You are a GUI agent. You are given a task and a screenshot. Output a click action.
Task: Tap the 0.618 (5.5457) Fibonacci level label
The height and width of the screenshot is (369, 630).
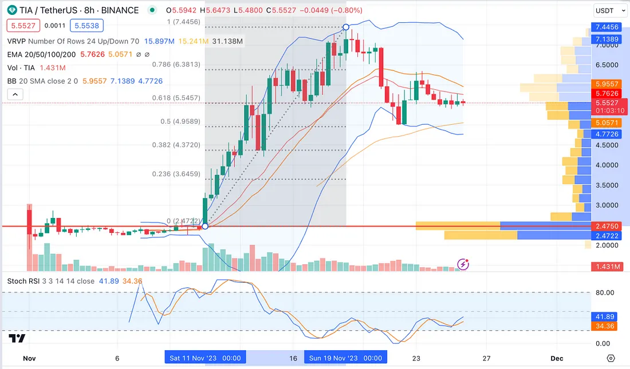pos(176,98)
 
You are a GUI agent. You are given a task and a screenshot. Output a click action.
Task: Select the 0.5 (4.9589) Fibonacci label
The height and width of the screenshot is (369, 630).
pos(180,121)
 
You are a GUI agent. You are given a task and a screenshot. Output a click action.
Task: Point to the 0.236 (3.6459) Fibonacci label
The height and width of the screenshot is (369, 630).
pos(176,174)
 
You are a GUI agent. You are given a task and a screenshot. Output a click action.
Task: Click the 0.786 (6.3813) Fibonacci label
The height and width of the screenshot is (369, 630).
pos(176,65)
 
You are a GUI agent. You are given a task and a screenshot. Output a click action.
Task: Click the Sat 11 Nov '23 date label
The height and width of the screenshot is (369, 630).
pos(205,358)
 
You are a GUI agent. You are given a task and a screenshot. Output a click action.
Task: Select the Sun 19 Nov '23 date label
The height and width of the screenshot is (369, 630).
pos(345,358)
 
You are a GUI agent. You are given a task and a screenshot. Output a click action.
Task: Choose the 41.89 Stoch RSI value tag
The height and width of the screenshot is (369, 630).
pos(605,317)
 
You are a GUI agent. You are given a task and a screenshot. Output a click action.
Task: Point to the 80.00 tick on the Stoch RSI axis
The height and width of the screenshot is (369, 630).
pos(605,292)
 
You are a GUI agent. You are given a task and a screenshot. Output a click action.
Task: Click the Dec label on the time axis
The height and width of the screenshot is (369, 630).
pos(557,359)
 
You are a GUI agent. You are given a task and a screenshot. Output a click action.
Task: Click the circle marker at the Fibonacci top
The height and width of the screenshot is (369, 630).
pos(346,27)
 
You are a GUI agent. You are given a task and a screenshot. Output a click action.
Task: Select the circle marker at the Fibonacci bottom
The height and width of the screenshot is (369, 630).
pos(205,227)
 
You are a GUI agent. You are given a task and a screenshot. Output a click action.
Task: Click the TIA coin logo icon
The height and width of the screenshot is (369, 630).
pos(12,10)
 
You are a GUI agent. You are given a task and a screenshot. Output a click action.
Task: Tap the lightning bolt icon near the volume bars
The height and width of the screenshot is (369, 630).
pos(463,264)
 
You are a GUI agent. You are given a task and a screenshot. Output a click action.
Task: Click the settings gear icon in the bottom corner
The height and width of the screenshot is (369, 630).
pos(611,358)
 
